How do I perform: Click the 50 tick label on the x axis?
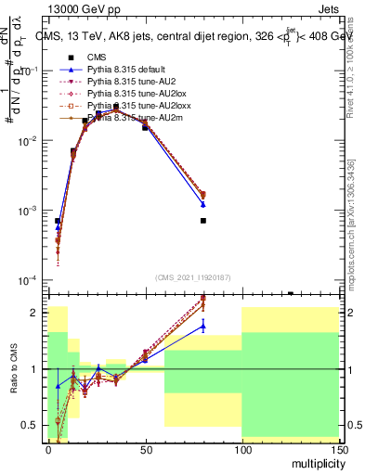[x=145, y=448]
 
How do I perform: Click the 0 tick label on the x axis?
[x=49, y=448]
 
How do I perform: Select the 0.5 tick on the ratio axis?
[x=32, y=425]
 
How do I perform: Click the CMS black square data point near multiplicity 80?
[x=202, y=221]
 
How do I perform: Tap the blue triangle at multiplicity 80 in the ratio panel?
[x=202, y=325]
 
